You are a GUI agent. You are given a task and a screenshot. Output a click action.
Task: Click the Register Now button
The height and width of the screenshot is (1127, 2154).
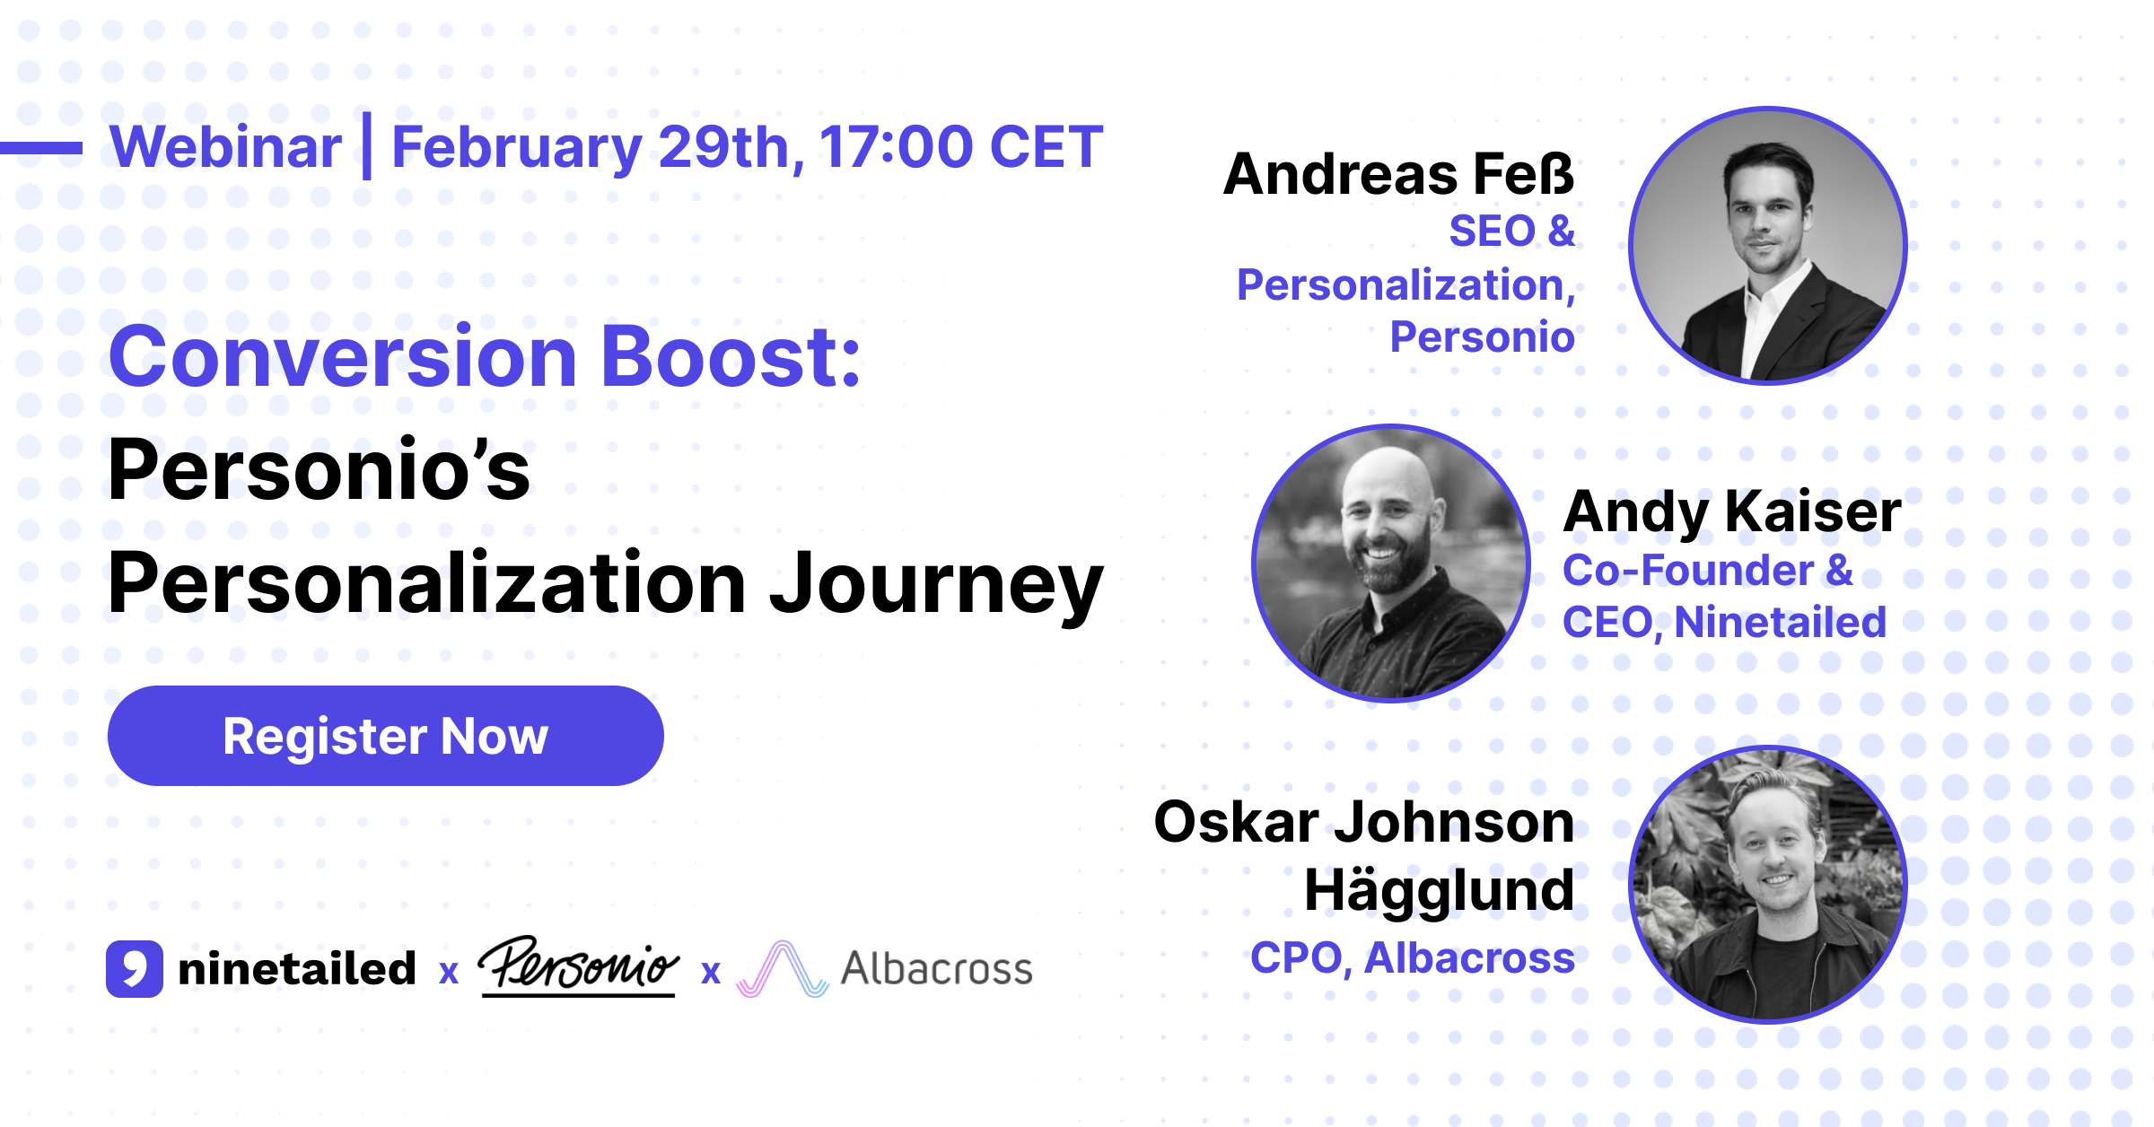point(385,736)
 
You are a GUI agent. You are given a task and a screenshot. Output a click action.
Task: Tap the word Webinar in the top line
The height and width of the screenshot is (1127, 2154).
point(225,147)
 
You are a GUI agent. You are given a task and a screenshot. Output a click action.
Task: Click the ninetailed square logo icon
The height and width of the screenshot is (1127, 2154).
point(135,969)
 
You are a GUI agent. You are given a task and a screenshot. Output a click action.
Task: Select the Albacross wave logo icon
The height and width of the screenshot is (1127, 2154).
point(782,970)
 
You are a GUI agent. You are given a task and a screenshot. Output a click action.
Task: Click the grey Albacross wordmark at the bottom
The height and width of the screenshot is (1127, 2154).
point(936,969)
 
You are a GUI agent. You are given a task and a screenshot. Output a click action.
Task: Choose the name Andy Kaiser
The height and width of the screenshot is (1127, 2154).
point(1731,511)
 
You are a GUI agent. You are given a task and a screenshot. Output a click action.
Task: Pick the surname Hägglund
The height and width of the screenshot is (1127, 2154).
point(1439,890)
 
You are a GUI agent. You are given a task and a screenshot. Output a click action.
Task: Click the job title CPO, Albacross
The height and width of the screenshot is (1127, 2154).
point(1412,958)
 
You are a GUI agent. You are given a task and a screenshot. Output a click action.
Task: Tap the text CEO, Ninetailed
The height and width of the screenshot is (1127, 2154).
point(1724,623)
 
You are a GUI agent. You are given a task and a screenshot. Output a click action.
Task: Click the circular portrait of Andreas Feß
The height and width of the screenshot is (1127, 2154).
point(1767,246)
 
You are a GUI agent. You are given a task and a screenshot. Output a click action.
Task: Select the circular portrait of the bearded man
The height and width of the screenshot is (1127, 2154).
point(1390,563)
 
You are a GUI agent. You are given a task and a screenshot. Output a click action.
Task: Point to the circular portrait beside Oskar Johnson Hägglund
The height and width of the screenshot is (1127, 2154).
point(1767,885)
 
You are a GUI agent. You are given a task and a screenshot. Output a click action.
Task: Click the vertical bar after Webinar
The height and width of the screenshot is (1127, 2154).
point(366,146)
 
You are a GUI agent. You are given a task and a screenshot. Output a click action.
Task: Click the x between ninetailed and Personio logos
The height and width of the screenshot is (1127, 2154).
point(449,972)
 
